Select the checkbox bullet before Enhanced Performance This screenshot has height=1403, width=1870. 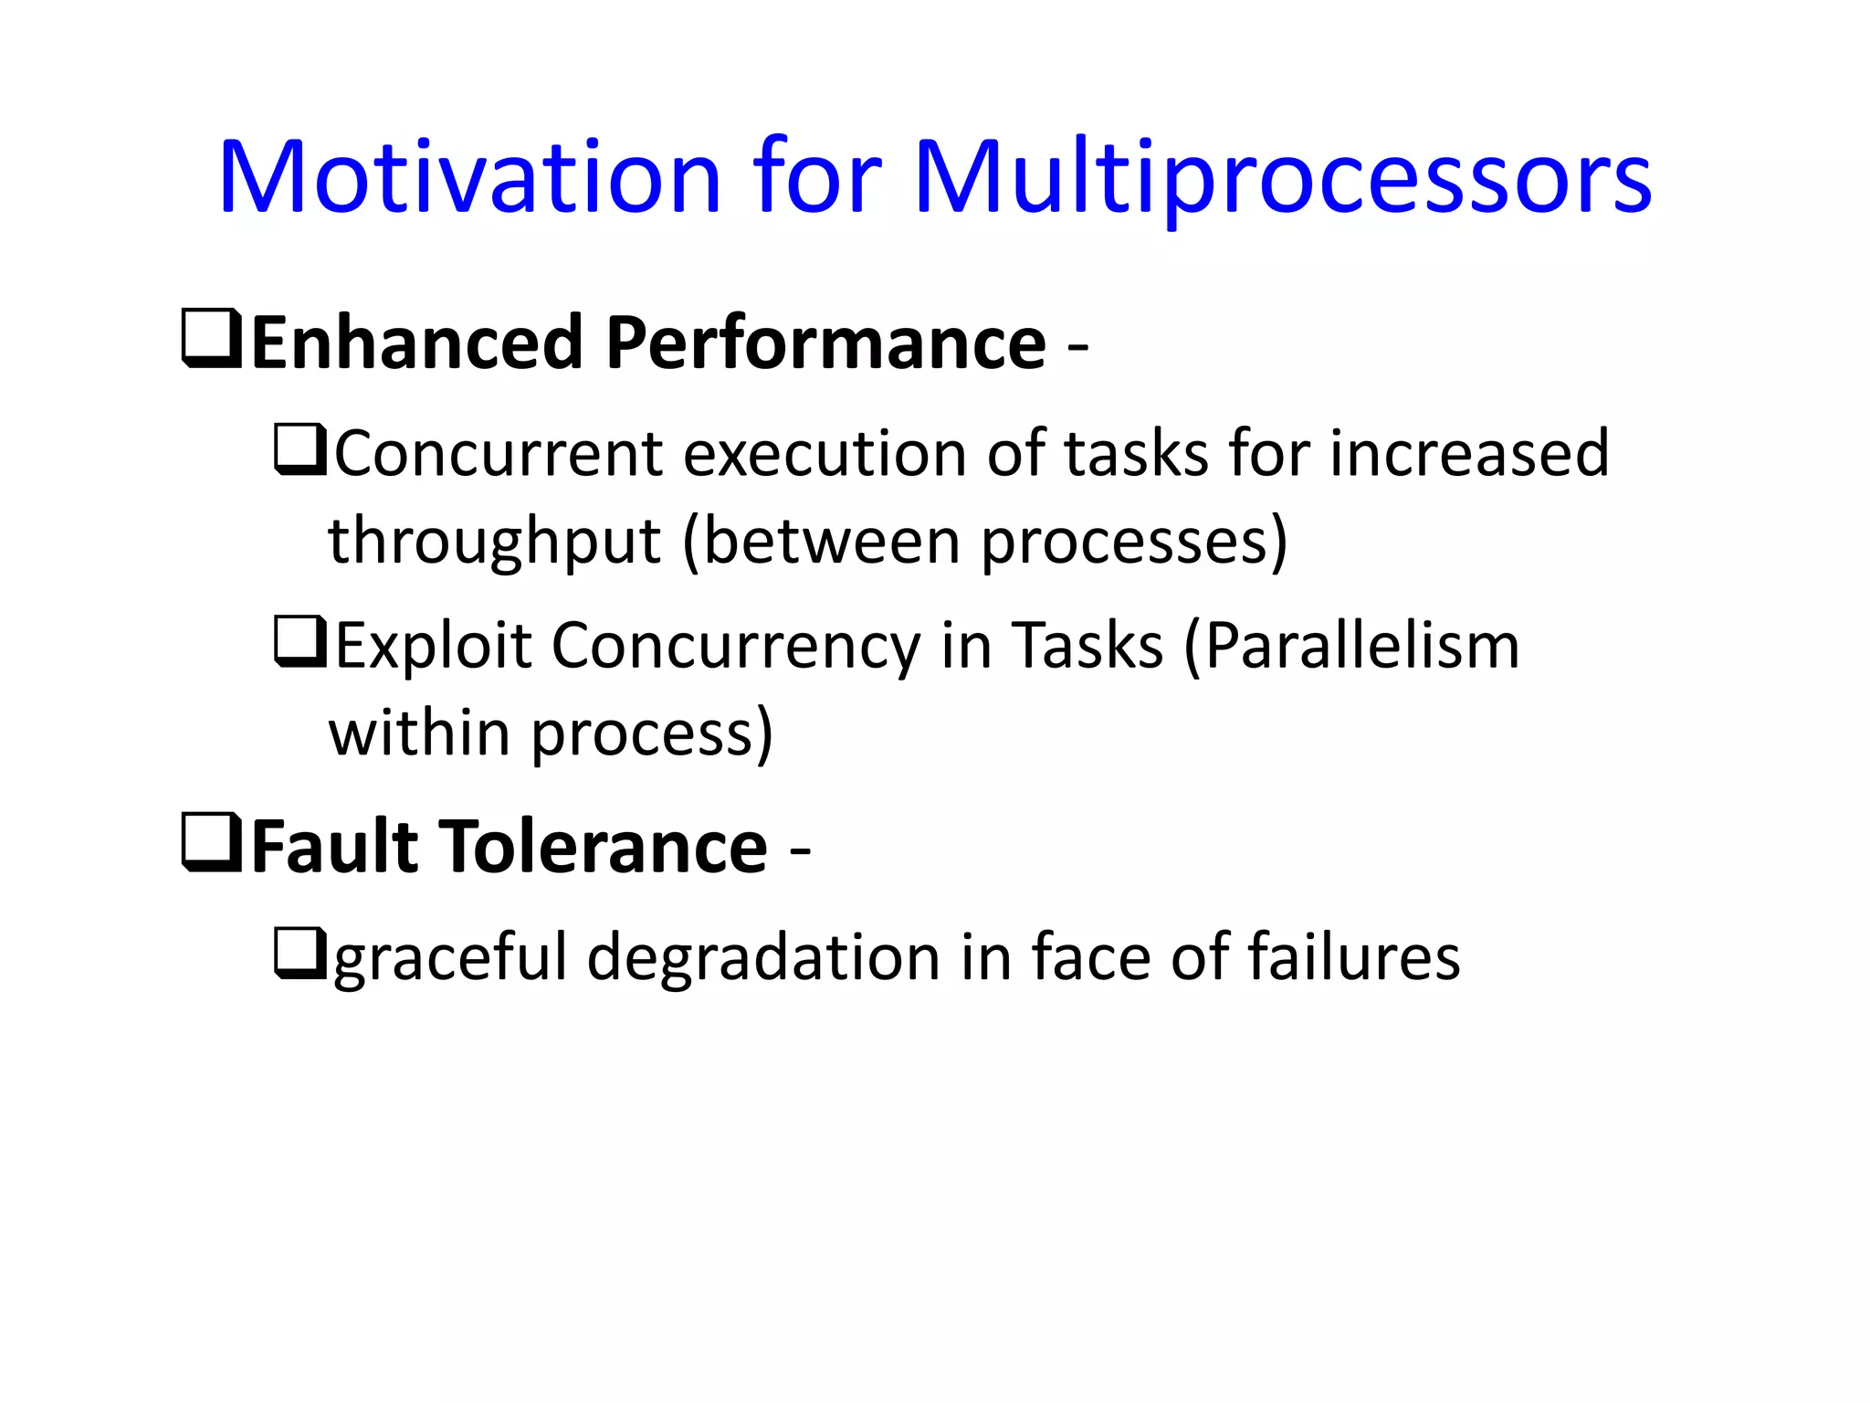[x=212, y=339]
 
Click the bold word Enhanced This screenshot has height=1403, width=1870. [x=416, y=343]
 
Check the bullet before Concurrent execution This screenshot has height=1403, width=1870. [x=300, y=449]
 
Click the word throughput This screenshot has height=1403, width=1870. [x=494, y=541]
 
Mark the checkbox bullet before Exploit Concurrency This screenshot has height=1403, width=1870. [x=300, y=642]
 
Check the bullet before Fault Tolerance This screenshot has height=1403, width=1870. [x=212, y=842]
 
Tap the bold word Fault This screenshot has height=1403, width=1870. [x=334, y=848]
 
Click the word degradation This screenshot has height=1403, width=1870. [x=763, y=957]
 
